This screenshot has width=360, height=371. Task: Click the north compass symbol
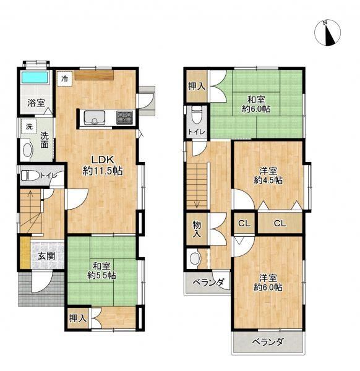(328, 32)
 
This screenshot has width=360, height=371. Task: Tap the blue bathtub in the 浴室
(35, 77)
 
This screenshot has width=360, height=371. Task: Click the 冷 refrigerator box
(64, 79)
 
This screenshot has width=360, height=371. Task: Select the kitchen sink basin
(95, 117)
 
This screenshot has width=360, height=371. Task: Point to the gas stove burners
(124, 117)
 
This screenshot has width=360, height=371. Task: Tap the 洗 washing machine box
(29, 127)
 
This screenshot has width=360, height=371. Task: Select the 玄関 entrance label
(46, 256)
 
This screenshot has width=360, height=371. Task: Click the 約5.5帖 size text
(102, 276)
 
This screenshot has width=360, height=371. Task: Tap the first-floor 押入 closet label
(78, 318)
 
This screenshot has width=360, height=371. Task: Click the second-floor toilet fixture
(197, 115)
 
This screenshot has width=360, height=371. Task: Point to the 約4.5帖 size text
(268, 181)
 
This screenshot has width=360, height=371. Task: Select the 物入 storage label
(197, 229)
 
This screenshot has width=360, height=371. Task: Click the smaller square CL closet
(244, 223)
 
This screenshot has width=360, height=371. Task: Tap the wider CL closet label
(280, 223)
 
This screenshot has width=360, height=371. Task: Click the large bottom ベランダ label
(267, 342)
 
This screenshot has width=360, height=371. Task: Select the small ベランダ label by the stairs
(208, 283)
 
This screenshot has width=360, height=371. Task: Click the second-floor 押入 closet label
(197, 87)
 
